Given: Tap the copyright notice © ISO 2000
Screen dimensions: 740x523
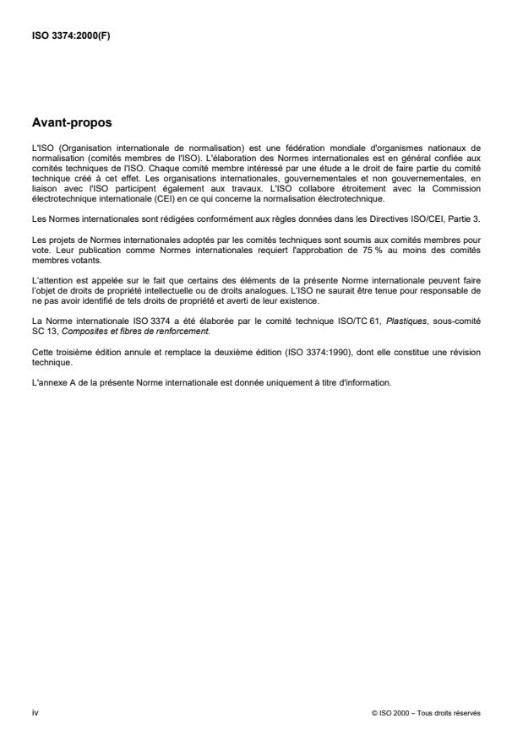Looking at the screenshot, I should [x=391, y=714].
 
